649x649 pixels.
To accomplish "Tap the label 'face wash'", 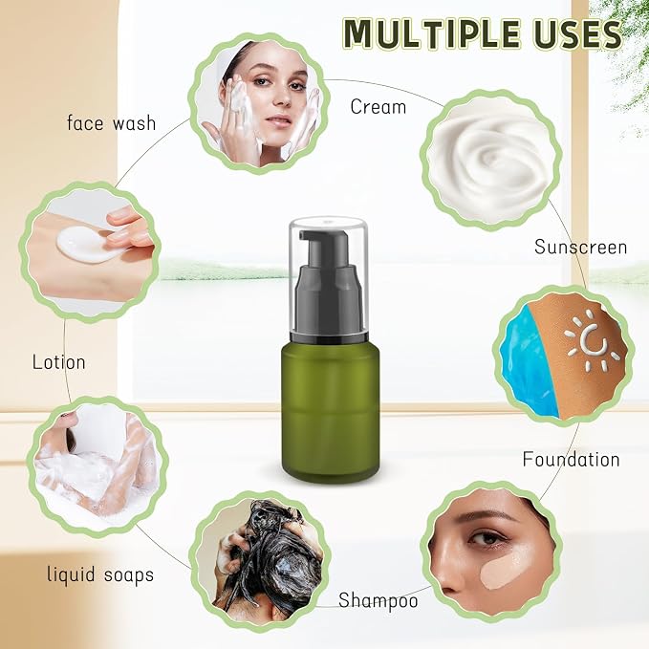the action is (111, 123).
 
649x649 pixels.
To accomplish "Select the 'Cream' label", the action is (378, 107).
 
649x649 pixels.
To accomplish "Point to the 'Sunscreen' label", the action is (580, 248).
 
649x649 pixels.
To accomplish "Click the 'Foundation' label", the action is (571, 460).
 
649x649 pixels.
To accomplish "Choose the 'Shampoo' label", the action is (378, 600).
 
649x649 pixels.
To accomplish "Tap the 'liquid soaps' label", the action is (100, 574).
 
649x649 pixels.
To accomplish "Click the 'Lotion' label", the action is (58, 362).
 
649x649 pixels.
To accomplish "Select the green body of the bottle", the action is (330, 411).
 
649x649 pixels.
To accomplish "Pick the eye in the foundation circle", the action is (485, 538).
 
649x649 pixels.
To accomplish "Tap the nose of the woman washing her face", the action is (282, 98).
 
